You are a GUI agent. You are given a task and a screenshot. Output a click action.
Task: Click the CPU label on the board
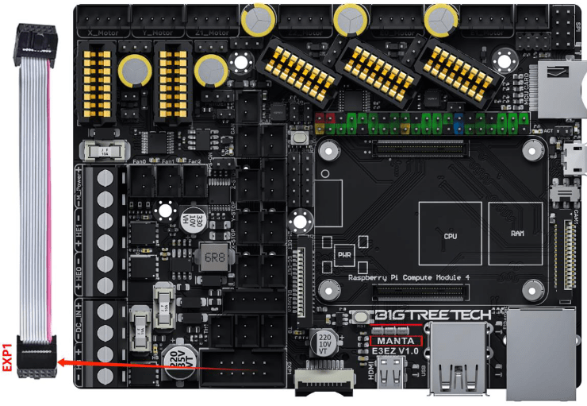tap(450, 237)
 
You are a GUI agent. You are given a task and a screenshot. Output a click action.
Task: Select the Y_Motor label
tap(156, 33)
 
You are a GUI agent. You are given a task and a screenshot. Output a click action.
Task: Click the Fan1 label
tap(167, 161)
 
